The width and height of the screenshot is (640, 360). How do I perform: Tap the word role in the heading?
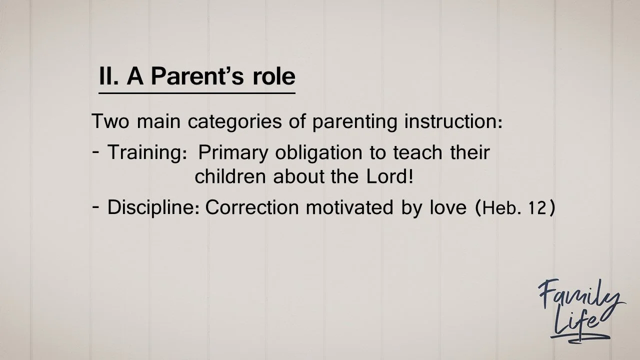click(274, 76)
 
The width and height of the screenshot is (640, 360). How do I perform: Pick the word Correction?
click(253, 207)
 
